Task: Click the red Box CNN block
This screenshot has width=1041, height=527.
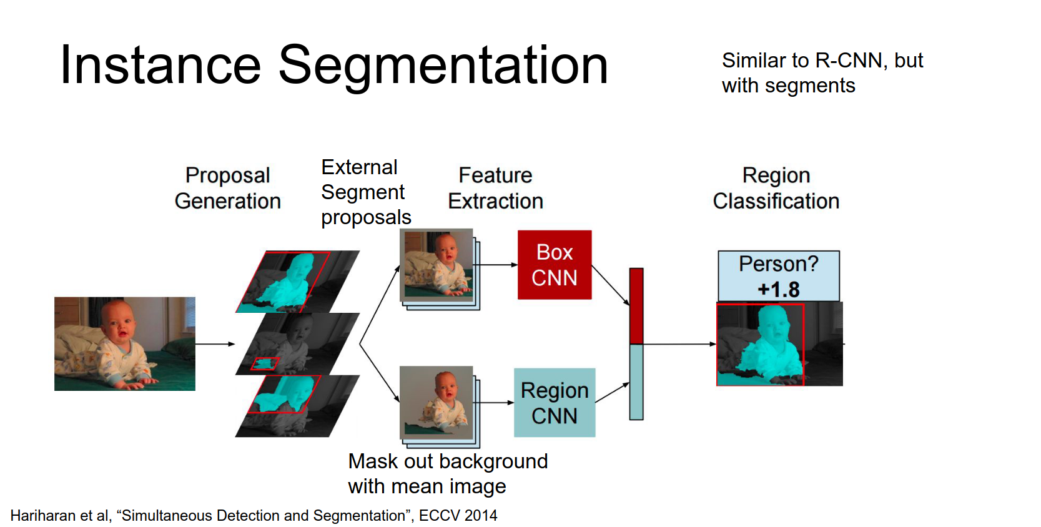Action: (554, 265)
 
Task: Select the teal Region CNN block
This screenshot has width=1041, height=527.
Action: (554, 403)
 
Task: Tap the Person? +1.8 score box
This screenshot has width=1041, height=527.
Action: (778, 276)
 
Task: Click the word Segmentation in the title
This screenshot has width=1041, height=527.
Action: (443, 65)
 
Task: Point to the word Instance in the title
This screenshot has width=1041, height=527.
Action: (160, 65)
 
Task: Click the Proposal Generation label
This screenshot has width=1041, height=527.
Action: (227, 188)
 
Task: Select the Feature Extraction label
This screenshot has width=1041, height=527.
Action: (495, 188)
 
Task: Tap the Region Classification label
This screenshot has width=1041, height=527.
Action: (776, 188)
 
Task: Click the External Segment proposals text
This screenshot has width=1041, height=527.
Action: (365, 192)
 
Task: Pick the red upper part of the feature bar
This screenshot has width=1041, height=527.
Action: (636, 306)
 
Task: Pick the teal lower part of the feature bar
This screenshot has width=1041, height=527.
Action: (636, 382)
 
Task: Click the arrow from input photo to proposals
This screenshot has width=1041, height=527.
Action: (215, 344)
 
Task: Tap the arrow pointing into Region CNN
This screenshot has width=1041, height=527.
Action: (496, 403)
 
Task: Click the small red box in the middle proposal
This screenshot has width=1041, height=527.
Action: (265, 363)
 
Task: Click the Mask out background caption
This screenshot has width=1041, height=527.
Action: (447, 461)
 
